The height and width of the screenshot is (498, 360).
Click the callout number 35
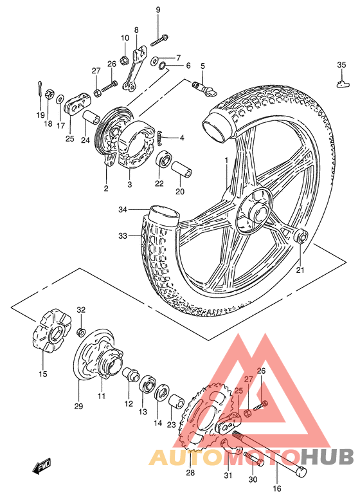pyautogui.click(x=341, y=63)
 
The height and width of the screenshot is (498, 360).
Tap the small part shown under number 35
pyautogui.click(x=341, y=81)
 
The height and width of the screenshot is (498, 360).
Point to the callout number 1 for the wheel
pyautogui.click(x=226, y=159)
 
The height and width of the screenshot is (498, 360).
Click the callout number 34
pyautogui.click(x=123, y=209)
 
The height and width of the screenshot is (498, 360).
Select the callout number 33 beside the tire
pyautogui.click(x=123, y=236)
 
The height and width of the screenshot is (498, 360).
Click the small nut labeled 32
pyautogui.click(x=81, y=332)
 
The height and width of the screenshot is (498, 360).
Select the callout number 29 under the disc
pyautogui.click(x=78, y=407)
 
